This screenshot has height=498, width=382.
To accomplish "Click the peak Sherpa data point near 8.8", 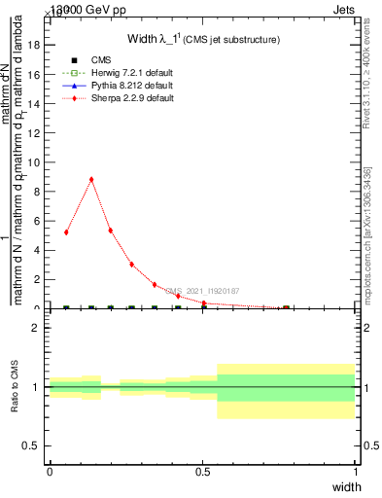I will [91, 179].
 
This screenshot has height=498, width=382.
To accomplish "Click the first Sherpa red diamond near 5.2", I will [66, 232].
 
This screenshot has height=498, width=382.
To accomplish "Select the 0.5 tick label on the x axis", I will [202, 472].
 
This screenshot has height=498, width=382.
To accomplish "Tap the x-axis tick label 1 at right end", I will [356, 472].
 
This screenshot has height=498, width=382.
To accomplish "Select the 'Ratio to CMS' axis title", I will [14, 386].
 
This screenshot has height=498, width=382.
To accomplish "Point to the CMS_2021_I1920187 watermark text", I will [202, 291].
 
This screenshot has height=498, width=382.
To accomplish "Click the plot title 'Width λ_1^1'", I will [204, 39].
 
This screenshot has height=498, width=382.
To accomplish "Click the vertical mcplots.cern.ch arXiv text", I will [370, 243].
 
